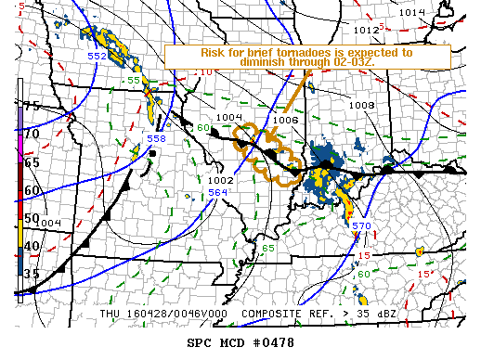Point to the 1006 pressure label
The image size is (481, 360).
click(286, 121)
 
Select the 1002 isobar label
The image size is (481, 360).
click(220, 181)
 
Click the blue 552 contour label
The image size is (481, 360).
click(97, 57)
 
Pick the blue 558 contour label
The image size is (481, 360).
click(156, 138)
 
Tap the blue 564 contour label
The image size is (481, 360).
click(217, 193)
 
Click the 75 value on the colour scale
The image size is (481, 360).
click(32, 107)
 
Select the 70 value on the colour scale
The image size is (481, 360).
click(32, 135)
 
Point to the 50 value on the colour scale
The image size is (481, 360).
click(32, 218)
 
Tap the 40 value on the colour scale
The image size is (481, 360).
click(32, 246)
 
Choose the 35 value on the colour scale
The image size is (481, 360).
click(32, 274)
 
